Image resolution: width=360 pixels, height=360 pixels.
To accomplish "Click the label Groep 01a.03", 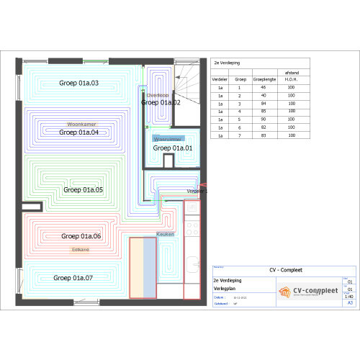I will tap(79, 84).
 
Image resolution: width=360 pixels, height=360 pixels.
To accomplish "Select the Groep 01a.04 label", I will tap(79, 132).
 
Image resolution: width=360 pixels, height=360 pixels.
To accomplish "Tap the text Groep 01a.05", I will tap(84, 189).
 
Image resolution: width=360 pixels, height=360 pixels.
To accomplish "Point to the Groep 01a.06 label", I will tap(81, 236).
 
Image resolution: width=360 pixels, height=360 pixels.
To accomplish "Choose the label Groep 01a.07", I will tap(73, 277).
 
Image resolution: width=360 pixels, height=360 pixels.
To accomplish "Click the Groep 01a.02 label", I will tap(161, 103).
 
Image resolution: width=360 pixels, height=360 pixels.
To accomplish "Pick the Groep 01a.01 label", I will tap(173, 148).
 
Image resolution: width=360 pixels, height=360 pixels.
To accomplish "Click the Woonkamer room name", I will tap(81, 124).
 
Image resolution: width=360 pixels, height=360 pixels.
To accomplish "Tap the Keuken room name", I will tap(166, 235).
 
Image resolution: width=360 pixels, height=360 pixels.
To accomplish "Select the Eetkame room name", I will tap(81, 249).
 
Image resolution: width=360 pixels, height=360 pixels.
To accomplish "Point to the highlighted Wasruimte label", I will tap(168, 138).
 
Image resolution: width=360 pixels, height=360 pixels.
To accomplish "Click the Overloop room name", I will tap(157, 95).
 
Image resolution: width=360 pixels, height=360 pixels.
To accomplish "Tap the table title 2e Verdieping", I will tap(227, 63).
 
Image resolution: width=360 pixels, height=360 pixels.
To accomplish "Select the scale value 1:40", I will tap(350, 295).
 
